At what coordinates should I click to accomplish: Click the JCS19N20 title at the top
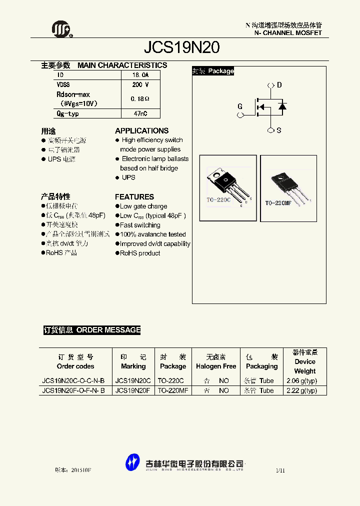click(x=181, y=47)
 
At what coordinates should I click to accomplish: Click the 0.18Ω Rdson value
click(x=140, y=99)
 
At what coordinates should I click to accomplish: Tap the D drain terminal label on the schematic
click(x=279, y=85)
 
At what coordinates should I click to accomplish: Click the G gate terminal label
click(x=240, y=106)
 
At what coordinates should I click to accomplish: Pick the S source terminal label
click(x=279, y=130)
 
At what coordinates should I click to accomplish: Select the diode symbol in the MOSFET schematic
click(x=282, y=106)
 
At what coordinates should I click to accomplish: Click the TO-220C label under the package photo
click(x=218, y=200)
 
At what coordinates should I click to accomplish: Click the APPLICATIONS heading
click(x=142, y=131)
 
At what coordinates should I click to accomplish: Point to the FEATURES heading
click(x=134, y=197)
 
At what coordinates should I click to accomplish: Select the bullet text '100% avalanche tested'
click(x=152, y=234)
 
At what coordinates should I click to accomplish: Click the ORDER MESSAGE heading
click(x=108, y=330)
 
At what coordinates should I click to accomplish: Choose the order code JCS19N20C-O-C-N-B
click(x=73, y=381)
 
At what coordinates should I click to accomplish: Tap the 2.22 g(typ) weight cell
click(x=301, y=390)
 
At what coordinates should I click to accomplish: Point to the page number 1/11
click(x=280, y=471)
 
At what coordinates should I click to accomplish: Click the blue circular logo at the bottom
click(x=132, y=462)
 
